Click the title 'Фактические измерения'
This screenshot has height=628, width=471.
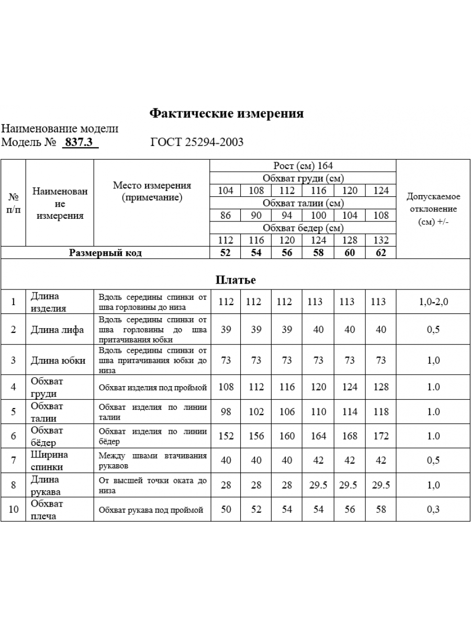[227, 114]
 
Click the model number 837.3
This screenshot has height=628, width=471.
[80, 142]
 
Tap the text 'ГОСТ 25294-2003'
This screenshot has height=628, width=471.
[197, 142]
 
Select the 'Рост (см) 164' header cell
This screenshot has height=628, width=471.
[303, 166]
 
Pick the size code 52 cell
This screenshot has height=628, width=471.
[226, 253]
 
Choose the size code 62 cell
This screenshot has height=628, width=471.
[381, 253]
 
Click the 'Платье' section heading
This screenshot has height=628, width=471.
[235, 280]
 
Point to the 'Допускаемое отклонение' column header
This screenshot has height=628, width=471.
[433, 209]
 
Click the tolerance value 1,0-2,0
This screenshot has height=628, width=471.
[433, 302]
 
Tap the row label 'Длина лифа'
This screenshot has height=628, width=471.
[58, 330]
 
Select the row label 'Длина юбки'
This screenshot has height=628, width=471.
[58, 360]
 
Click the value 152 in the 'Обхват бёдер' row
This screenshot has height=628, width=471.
[226, 436]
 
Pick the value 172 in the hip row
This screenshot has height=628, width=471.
[381, 436]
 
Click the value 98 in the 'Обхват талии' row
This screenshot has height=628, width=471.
[226, 412]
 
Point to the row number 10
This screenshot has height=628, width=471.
[13, 510]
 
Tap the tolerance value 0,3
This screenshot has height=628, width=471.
[433, 510]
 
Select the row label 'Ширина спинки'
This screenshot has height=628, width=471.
[50, 461]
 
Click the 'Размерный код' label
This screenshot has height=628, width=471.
[106, 253]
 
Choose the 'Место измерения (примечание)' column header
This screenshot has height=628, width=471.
[152, 192]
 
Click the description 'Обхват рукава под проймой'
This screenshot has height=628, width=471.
[151, 510]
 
